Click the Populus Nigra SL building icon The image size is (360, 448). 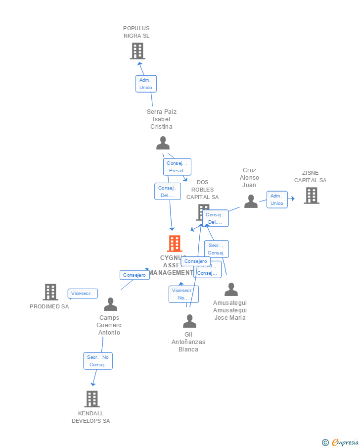[x=137, y=51]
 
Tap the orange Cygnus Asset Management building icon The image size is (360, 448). [x=174, y=244]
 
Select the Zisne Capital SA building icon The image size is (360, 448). [x=311, y=196]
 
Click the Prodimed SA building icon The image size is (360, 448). [x=50, y=292]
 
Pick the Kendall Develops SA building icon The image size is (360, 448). [x=91, y=399]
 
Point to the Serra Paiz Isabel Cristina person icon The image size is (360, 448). [x=163, y=143]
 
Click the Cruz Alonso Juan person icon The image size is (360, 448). [x=251, y=201]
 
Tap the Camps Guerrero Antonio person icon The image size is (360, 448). [x=110, y=304]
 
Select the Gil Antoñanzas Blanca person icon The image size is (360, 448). [x=189, y=321]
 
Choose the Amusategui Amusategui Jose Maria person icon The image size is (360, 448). [x=231, y=290]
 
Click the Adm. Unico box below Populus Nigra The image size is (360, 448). [x=146, y=84]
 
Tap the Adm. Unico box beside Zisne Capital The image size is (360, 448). [x=277, y=199]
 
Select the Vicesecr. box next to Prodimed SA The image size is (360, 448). [x=83, y=294]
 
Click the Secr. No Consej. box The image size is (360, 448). [x=98, y=361]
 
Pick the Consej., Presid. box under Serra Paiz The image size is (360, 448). [x=177, y=167]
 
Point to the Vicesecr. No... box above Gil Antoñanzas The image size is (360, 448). [x=183, y=294]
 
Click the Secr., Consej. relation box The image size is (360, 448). [x=217, y=249]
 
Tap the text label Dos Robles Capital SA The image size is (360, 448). [x=202, y=190]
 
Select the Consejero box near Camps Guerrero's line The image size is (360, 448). [x=135, y=275]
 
